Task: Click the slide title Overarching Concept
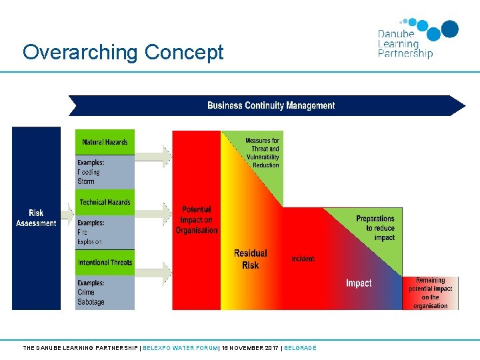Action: [123, 52]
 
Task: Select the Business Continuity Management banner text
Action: [271, 105]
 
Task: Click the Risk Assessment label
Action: [36, 218]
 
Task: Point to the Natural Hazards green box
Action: [105, 142]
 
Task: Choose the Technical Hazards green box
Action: [105, 202]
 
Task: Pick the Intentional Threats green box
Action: [105, 262]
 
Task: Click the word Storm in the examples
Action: [86, 181]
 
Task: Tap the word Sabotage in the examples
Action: [91, 302]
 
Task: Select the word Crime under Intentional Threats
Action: [86, 292]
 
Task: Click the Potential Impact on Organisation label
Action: [197, 219]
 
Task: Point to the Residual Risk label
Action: [250, 259]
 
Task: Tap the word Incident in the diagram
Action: [303, 259]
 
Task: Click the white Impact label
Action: [359, 283]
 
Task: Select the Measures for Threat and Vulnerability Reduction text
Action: [262, 153]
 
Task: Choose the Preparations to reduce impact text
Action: [375, 227]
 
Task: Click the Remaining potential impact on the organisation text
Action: [431, 293]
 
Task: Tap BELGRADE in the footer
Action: [300, 348]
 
